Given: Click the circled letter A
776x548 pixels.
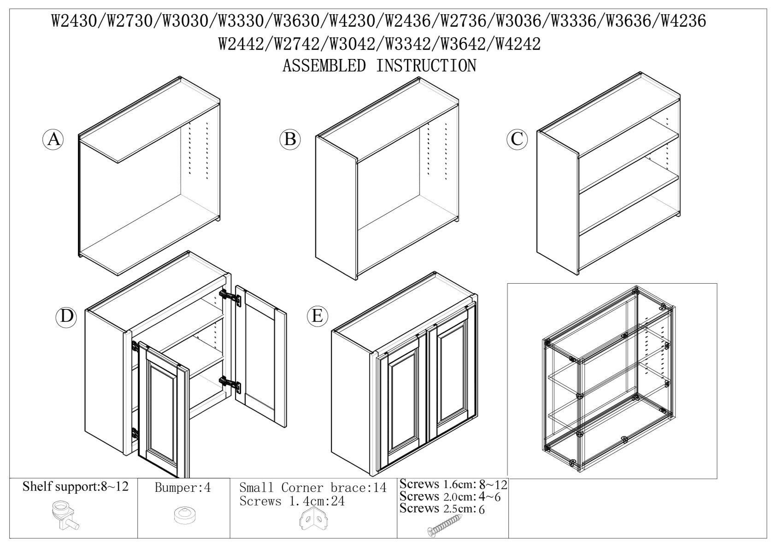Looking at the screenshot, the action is click(x=53, y=140).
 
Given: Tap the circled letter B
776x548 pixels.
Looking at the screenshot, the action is click(x=290, y=139).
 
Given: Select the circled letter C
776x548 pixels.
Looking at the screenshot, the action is click(x=517, y=139).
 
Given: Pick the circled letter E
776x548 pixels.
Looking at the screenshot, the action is click(x=317, y=316).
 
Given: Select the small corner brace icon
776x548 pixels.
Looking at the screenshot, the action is click(x=314, y=518).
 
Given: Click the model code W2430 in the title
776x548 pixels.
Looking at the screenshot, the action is click(x=75, y=22).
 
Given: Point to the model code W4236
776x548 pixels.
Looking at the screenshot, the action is click(x=683, y=22).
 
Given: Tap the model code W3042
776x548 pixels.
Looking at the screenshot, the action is click(x=353, y=44).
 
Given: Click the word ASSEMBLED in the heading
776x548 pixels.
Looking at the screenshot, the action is click(x=324, y=66).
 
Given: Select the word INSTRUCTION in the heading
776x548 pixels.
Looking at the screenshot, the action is click(x=426, y=66).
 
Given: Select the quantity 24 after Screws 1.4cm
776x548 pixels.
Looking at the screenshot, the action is click(x=337, y=501).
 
